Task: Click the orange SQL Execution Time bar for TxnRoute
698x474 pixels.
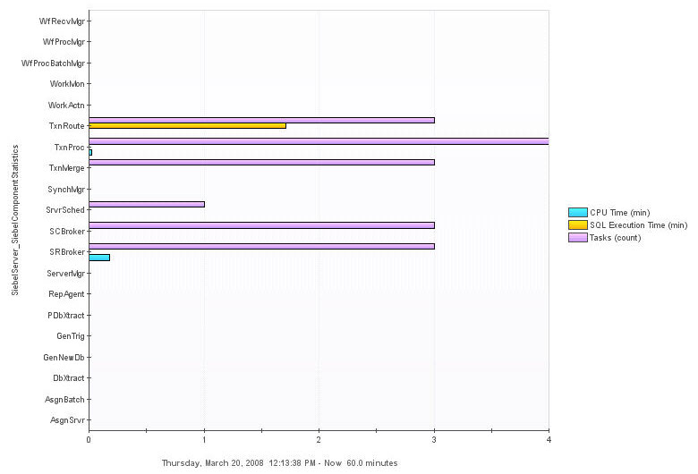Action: click(187, 125)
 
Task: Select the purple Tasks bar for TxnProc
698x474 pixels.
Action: click(319, 141)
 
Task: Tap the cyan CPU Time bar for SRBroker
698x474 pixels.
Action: click(99, 258)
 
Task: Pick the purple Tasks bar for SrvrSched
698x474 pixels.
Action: click(147, 204)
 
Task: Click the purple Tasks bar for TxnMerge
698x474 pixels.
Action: click(261, 162)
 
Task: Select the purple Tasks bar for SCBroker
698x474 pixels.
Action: click(261, 225)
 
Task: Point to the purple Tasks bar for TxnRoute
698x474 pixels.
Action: click(261, 120)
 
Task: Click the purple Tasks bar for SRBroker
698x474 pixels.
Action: click(261, 246)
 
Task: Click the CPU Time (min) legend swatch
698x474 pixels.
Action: click(577, 212)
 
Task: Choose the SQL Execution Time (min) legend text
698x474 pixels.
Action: click(639, 224)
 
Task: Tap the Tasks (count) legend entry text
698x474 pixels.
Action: click(616, 237)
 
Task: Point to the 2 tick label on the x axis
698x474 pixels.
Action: click(319, 439)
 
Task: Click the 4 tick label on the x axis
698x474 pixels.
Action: click(549, 439)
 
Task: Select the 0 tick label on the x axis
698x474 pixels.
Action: click(89, 439)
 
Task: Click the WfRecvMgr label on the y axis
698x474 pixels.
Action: click(63, 21)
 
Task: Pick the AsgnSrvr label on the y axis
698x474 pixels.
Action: click(67, 420)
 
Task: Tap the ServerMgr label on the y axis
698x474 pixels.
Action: click(65, 273)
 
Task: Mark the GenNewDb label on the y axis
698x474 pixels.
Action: click(64, 358)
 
